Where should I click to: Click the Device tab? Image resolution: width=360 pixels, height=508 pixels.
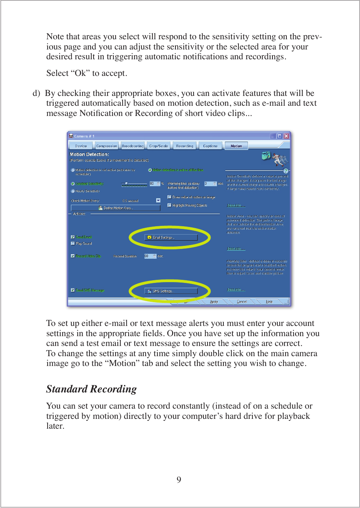(81, 146)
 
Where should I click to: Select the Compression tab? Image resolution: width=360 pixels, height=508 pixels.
(106, 146)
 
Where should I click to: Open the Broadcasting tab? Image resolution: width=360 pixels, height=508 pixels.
(132, 146)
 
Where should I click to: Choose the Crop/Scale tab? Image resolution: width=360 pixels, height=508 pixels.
(158, 146)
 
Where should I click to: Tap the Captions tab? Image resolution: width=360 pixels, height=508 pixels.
(210, 146)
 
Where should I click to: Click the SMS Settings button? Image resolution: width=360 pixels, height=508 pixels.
(171, 291)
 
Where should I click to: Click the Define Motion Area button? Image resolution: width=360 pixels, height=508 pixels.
(115, 208)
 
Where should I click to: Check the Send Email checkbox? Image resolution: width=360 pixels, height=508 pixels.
(73, 237)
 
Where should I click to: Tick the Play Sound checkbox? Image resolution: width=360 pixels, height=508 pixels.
(73, 244)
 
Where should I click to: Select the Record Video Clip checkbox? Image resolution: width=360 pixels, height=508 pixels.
(73, 256)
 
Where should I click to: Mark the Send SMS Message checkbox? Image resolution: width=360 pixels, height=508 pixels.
(73, 290)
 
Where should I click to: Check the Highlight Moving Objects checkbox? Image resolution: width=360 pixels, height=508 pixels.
(169, 205)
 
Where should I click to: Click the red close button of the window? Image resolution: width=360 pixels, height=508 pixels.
(286, 136)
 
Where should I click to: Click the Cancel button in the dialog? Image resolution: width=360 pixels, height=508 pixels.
(242, 302)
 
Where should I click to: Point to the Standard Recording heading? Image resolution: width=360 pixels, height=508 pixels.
(91, 389)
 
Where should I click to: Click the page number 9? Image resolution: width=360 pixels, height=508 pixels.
(179, 480)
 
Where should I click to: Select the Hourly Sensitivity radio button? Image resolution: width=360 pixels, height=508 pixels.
(73, 191)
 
